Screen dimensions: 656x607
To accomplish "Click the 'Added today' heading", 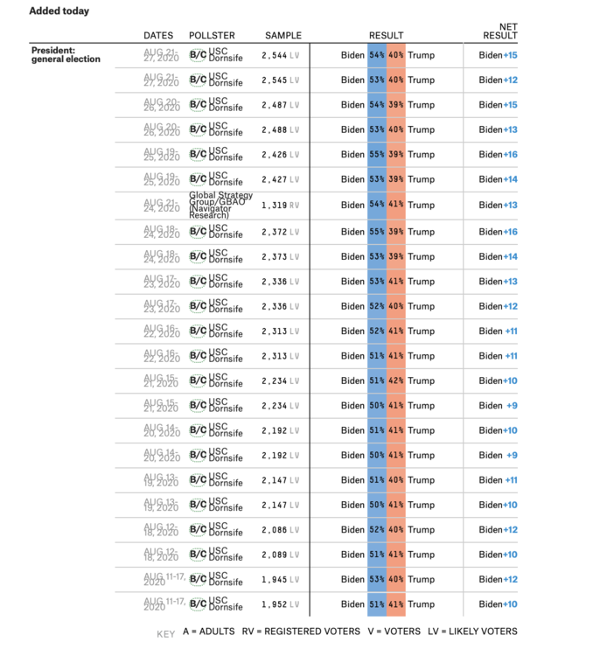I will click(x=59, y=11).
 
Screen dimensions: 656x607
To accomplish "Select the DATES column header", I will click(x=158, y=36).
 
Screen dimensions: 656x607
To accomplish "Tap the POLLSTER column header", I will click(x=212, y=36).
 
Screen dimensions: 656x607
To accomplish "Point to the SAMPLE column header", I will click(x=283, y=36).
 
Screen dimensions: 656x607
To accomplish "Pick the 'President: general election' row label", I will click(x=66, y=54).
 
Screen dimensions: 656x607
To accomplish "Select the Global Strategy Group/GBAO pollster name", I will click(x=221, y=205).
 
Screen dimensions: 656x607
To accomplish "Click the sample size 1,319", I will click(x=274, y=205).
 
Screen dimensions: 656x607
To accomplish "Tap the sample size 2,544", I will click(x=274, y=55).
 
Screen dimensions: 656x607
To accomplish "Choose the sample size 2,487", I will click(x=274, y=105).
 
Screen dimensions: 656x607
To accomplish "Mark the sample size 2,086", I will click(x=274, y=530).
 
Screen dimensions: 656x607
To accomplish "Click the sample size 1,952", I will click(x=274, y=604).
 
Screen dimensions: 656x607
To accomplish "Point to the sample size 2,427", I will click(x=274, y=180).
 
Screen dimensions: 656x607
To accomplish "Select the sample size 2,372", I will click(x=274, y=232).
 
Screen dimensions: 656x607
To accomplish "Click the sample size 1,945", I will click(x=274, y=579).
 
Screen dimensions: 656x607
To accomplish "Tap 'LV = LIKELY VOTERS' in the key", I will click(x=472, y=632).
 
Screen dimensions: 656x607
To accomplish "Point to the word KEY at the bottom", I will click(x=165, y=633).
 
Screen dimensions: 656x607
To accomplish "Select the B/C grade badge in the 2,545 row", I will click(x=198, y=80).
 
